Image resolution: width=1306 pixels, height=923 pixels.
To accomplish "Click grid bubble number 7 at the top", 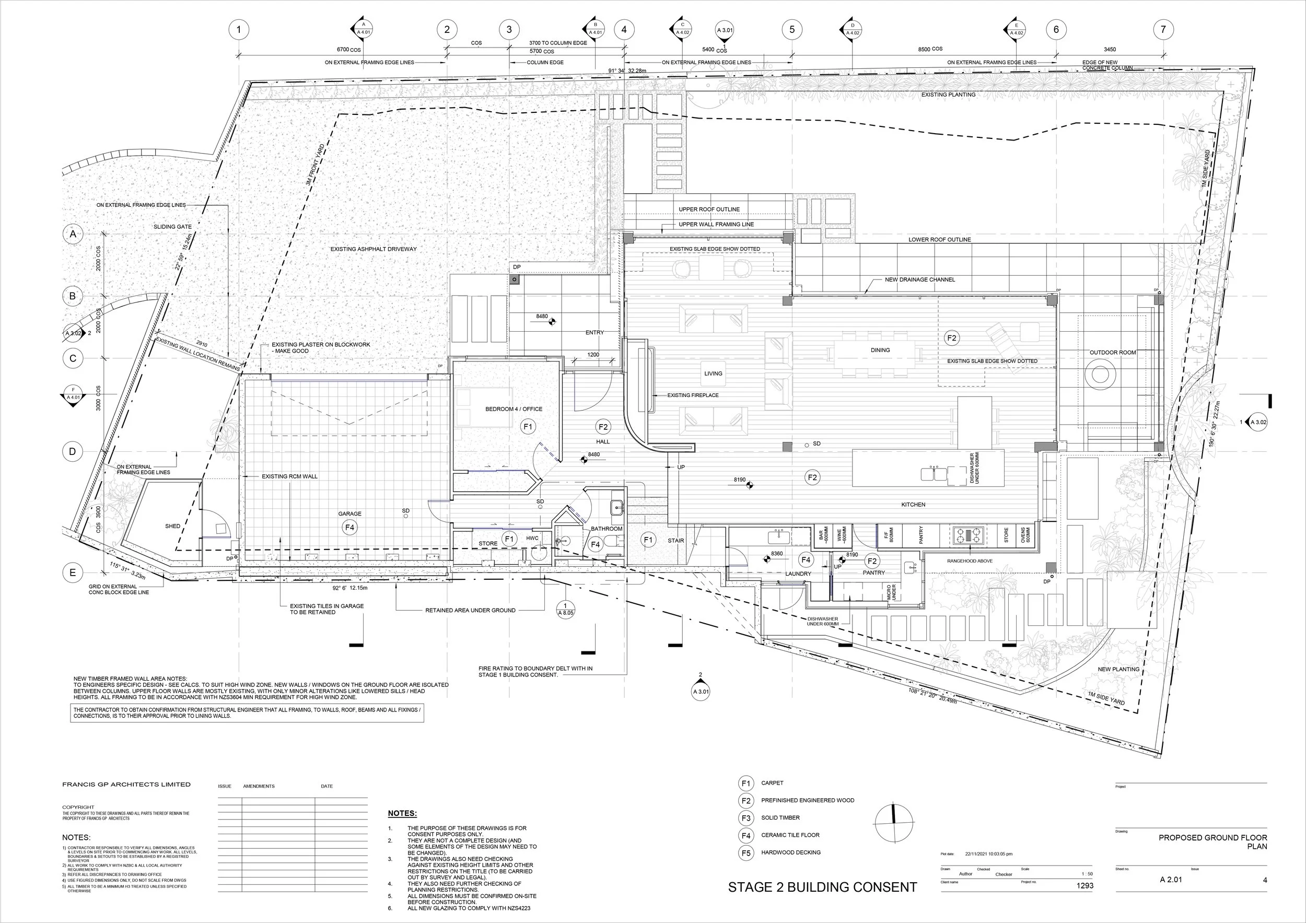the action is [x=1163, y=30].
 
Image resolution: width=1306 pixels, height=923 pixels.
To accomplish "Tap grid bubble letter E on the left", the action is [x=72, y=573].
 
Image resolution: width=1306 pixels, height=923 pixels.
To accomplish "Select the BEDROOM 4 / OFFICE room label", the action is [x=514, y=409].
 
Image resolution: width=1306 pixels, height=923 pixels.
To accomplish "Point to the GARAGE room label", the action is [x=350, y=513].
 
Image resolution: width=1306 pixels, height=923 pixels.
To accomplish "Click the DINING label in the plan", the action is [x=880, y=350].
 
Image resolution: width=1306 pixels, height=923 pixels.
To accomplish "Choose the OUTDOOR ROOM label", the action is [x=1113, y=353].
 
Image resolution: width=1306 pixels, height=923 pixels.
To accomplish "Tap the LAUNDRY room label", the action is [x=798, y=574].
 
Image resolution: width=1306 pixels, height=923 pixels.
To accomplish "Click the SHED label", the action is [x=173, y=526].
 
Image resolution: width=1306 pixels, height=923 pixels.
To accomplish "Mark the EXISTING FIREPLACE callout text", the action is [x=693, y=395].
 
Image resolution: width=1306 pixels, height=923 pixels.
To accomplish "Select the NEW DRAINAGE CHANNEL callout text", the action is [x=920, y=280].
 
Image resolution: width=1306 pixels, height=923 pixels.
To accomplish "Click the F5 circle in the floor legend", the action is [x=745, y=853].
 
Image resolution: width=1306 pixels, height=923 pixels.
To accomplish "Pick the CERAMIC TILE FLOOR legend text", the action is [x=790, y=835].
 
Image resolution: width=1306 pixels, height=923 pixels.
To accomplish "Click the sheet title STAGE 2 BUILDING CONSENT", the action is [x=822, y=887].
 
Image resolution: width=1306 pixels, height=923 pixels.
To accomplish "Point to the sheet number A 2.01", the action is [x=1171, y=880].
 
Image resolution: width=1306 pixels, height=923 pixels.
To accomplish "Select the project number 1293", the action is [x=1085, y=885].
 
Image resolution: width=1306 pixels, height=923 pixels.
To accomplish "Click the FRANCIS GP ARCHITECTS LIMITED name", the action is [x=126, y=784].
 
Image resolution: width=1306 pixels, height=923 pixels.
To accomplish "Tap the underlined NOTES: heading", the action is [x=402, y=814].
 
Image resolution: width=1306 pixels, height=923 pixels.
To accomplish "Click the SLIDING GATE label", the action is [x=172, y=227].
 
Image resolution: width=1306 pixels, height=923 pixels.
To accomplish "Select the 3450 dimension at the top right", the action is [x=1109, y=50].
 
